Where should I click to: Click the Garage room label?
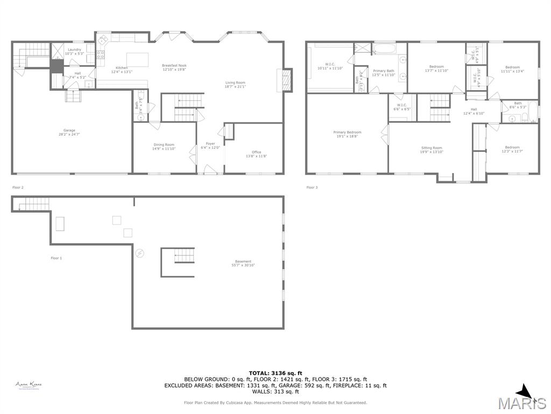69,132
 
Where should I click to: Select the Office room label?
256,154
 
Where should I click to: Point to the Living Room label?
235,84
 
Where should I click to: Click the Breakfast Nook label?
174,67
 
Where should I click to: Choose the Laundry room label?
74,51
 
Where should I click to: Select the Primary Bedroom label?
347,134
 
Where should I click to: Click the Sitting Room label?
432,150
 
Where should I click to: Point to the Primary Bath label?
383,73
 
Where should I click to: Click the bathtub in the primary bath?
385,50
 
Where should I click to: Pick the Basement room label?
243,263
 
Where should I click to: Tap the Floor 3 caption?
312,188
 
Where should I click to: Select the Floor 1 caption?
56,258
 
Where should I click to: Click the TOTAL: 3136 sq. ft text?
275,373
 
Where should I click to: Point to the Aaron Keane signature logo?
29,385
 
